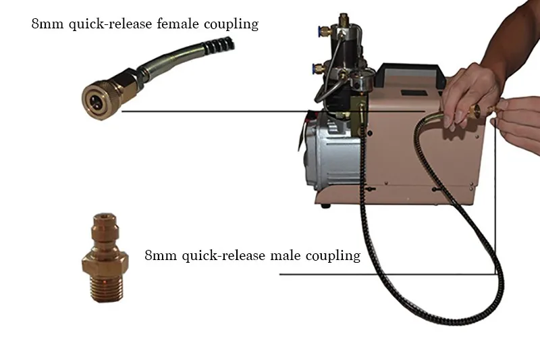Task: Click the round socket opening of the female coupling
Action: [x=95, y=101]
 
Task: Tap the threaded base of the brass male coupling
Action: [x=106, y=288]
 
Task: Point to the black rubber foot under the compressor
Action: [x=325, y=206]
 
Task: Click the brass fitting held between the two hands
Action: [x=481, y=110]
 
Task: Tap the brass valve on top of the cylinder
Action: [x=343, y=20]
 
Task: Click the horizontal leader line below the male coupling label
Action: [x=387, y=275]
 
